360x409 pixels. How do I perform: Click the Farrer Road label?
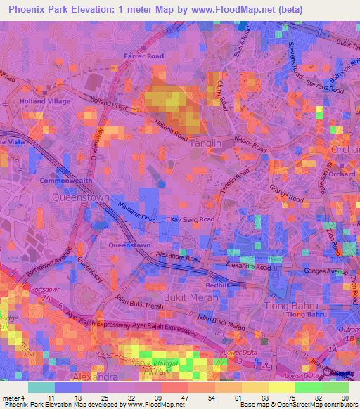(143, 56)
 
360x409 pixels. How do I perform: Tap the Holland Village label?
(41, 101)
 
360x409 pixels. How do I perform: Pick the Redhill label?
(219, 285)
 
